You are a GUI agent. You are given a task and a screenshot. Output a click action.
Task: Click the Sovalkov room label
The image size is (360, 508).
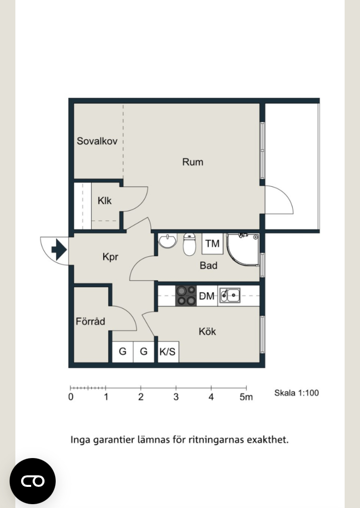tap(97, 141)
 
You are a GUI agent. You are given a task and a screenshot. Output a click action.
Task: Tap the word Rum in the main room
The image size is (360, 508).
tap(192, 162)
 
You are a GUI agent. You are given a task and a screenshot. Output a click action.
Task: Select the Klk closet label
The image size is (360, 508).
tap(105, 201)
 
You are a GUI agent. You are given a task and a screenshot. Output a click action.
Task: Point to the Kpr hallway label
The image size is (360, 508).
tap(110, 257)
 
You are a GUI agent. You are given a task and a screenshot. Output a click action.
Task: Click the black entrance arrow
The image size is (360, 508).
tap(59, 250)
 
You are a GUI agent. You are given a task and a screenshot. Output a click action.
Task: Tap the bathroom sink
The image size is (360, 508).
tap(168, 241)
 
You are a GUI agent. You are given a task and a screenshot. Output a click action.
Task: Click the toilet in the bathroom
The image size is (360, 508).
tap(190, 244)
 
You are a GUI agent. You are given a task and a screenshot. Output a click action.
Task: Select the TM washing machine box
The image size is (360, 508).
tap(212, 243)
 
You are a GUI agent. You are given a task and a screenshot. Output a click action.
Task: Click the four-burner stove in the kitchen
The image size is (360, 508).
tap(186, 296)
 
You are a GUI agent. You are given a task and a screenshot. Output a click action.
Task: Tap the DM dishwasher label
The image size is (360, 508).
tap(206, 296)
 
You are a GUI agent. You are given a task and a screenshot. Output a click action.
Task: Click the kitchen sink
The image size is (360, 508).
tap(229, 295)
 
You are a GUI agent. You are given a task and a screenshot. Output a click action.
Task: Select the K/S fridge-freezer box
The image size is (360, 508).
tap(168, 351)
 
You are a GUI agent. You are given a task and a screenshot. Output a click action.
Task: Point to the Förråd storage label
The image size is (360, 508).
tap(90, 321)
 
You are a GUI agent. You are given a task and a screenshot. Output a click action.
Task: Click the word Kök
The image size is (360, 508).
tap(207, 331)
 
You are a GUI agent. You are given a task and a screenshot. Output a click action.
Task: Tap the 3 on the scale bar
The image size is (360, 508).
tap(176, 397)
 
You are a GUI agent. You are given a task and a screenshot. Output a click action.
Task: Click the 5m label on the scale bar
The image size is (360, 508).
tap(246, 397)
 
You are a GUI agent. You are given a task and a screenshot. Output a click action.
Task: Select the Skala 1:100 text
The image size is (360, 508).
tap(297, 393)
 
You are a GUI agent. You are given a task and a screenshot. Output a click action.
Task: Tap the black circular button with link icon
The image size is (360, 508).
tap(33, 481)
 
